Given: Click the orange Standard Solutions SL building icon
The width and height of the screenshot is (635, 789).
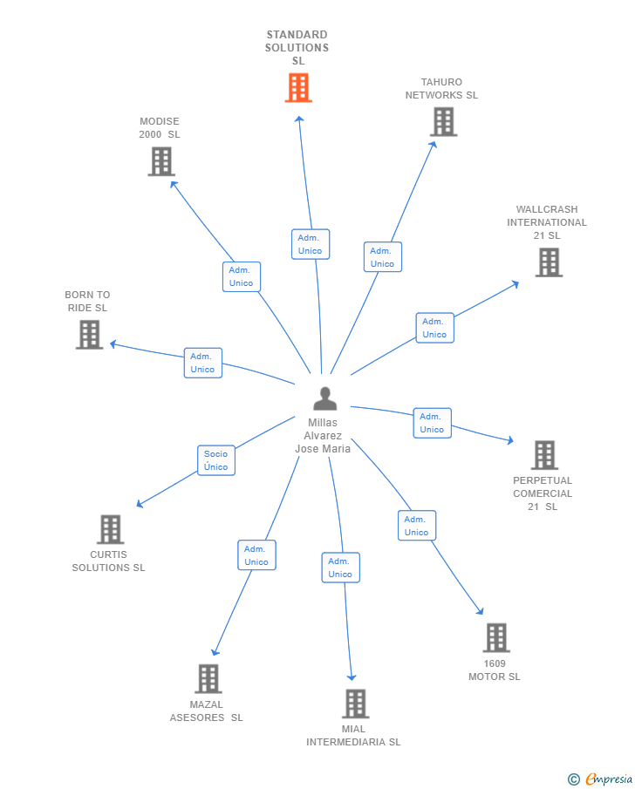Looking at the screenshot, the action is coord(298,88).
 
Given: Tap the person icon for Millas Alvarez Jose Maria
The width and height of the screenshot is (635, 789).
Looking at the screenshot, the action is coord(324,398).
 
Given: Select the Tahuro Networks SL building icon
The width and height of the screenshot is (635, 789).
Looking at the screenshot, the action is coord(443,122).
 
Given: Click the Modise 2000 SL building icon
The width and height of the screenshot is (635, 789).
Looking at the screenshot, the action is coord(161,161).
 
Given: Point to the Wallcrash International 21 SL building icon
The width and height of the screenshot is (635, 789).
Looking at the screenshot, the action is coord(548,262).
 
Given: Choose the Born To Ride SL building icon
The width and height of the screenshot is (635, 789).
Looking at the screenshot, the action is coord(89,335).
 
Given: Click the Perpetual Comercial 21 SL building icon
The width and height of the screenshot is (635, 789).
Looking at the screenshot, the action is coord(544,455).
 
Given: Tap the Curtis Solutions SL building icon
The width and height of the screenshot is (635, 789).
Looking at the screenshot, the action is coord(110,529).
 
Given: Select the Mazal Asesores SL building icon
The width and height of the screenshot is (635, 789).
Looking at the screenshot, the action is coord(208,679).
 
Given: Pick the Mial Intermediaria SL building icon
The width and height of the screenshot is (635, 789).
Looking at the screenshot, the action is coord(355,704).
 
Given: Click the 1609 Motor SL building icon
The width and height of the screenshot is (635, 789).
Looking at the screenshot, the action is coord(495,638).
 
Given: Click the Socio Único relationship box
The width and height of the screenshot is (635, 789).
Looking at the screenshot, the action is coord(215,460).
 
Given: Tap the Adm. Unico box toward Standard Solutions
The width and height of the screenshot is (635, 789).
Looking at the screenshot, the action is coord(310,244).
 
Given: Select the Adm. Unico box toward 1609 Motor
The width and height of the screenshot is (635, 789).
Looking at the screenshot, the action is coord(416,526).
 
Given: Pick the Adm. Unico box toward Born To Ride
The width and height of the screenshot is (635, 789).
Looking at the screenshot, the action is coord(202,363).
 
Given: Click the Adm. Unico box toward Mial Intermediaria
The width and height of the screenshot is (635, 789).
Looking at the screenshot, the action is coord(340,568).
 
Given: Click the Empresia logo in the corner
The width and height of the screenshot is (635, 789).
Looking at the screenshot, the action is coord(600,779).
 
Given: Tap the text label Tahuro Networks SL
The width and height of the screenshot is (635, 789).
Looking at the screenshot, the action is coord(441,89).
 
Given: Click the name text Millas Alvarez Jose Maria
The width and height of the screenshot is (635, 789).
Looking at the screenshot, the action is coord(323,436).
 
